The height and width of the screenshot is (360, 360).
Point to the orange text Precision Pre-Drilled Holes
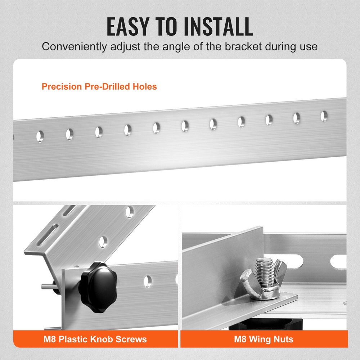99,86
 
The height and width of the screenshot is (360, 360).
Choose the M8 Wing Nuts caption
264,339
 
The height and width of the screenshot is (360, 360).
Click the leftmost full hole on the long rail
40,136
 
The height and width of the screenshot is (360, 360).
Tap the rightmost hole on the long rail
324,116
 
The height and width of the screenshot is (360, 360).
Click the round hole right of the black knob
147,281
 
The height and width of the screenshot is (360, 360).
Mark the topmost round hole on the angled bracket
130,212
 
